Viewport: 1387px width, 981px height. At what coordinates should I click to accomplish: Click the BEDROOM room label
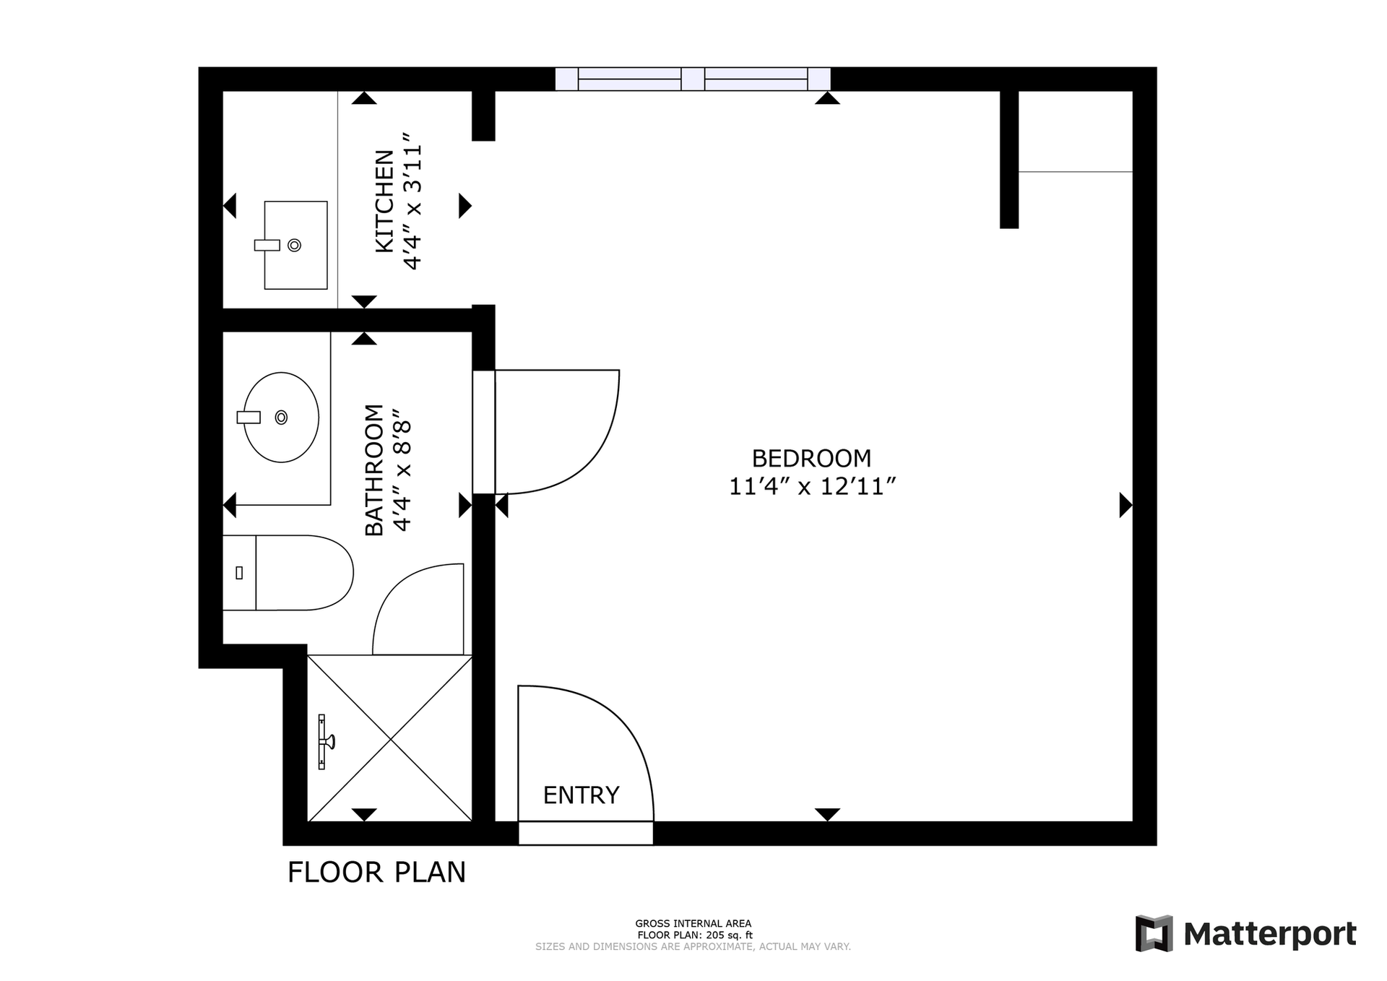point(811,459)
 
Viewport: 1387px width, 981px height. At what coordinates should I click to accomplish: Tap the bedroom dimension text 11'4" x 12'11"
point(812,487)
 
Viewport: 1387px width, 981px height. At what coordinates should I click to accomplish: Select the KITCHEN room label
point(384,201)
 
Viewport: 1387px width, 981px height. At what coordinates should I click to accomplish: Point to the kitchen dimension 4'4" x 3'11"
point(412,201)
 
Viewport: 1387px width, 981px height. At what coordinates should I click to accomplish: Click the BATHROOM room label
point(373,470)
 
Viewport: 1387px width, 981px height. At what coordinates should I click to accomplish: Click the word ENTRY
point(581,795)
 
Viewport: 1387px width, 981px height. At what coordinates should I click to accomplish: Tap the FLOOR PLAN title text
point(376,872)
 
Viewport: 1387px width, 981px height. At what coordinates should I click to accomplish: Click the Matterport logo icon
point(1154,933)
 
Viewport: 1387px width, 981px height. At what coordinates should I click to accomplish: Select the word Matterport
point(1270,935)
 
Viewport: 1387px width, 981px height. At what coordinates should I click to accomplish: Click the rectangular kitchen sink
point(295,245)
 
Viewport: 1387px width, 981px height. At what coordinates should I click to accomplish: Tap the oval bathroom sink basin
point(281,418)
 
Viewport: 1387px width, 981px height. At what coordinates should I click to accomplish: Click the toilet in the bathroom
point(288,573)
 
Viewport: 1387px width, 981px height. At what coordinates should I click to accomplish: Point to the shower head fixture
point(325,741)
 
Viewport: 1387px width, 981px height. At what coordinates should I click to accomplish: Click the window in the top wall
point(693,79)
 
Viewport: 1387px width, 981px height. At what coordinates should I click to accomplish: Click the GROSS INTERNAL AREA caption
point(693,923)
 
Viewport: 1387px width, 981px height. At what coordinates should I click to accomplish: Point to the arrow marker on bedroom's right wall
point(1125,505)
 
